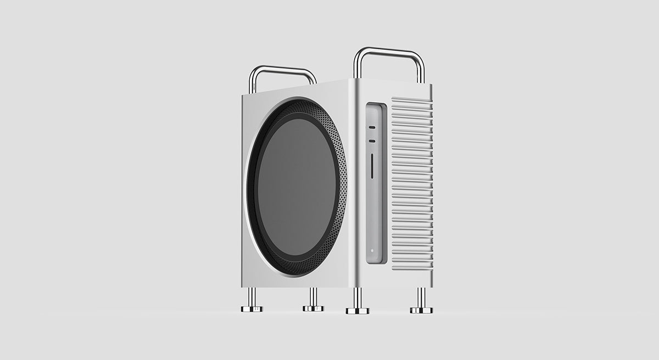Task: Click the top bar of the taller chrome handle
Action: pyautogui.click(x=389, y=51)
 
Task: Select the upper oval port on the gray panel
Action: pyautogui.click(x=372, y=127)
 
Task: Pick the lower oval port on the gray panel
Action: pyautogui.click(x=372, y=141)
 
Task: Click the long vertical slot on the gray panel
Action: pyautogui.click(x=373, y=166)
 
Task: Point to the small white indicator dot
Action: pyautogui.click(x=372, y=250)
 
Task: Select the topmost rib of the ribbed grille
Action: pyautogui.click(x=411, y=100)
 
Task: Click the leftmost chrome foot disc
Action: pyautogui.click(x=252, y=309)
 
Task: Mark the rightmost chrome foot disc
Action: pyautogui.click(x=421, y=310)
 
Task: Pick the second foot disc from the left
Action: pyautogui.click(x=314, y=308)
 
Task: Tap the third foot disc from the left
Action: pyautogui.click(x=358, y=311)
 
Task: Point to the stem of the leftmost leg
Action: pyautogui.click(x=252, y=296)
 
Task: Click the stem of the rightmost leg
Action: pyautogui.click(x=421, y=297)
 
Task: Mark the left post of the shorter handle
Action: pyautogui.click(x=253, y=82)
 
